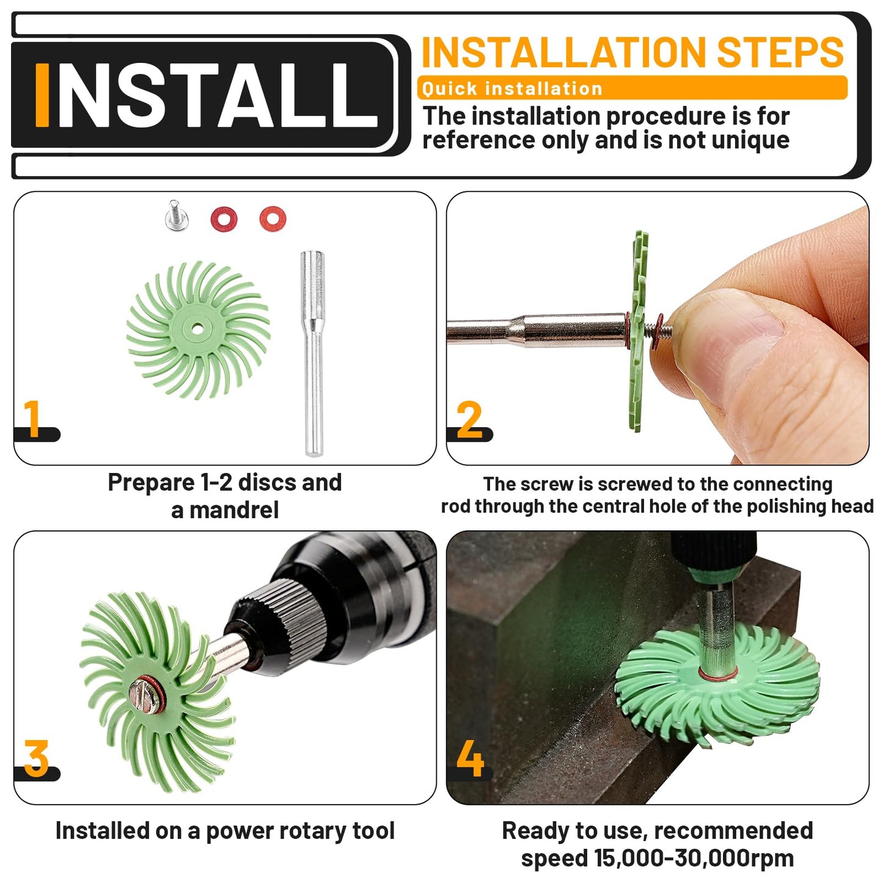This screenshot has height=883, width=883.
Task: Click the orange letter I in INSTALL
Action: click(x=42, y=95)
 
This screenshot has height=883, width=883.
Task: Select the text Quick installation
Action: click(x=512, y=89)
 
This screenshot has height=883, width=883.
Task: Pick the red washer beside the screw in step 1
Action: click(x=224, y=218)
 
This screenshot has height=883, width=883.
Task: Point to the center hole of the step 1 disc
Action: click(x=196, y=329)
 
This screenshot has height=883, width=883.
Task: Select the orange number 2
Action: click(x=469, y=420)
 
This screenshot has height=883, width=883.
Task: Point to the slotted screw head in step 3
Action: click(x=145, y=694)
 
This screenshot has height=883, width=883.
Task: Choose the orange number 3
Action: click(x=37, y=758)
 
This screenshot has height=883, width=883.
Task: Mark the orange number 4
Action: click(x=470, y=758)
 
